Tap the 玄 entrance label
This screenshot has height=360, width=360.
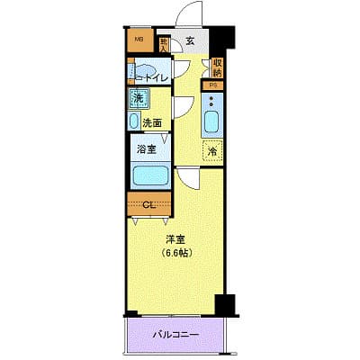pos(192,40)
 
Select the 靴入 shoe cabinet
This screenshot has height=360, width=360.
pos(164,42)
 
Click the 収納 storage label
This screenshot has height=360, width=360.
pos(217,68)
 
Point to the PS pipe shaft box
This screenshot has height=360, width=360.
pos(213,85)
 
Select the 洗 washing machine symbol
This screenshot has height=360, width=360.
pos(139,97)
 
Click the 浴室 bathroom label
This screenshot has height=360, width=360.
pos(146,151)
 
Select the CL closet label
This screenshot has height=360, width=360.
pos(149,204)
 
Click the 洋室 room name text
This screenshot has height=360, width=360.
pos(175,239)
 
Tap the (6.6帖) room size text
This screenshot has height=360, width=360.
pos(176,254)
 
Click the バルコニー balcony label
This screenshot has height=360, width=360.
pos(177,334)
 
